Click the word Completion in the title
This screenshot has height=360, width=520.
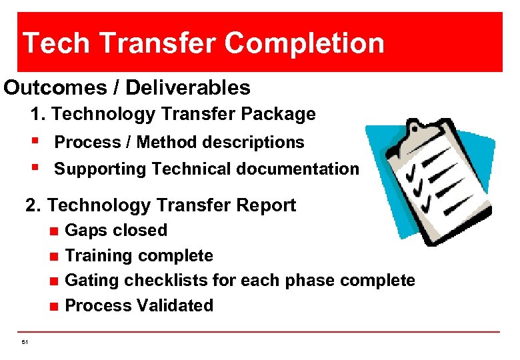305,43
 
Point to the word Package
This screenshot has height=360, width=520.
278,114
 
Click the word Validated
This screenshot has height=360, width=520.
174,306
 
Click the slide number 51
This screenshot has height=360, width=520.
25,342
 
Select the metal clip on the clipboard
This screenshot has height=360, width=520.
418,126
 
